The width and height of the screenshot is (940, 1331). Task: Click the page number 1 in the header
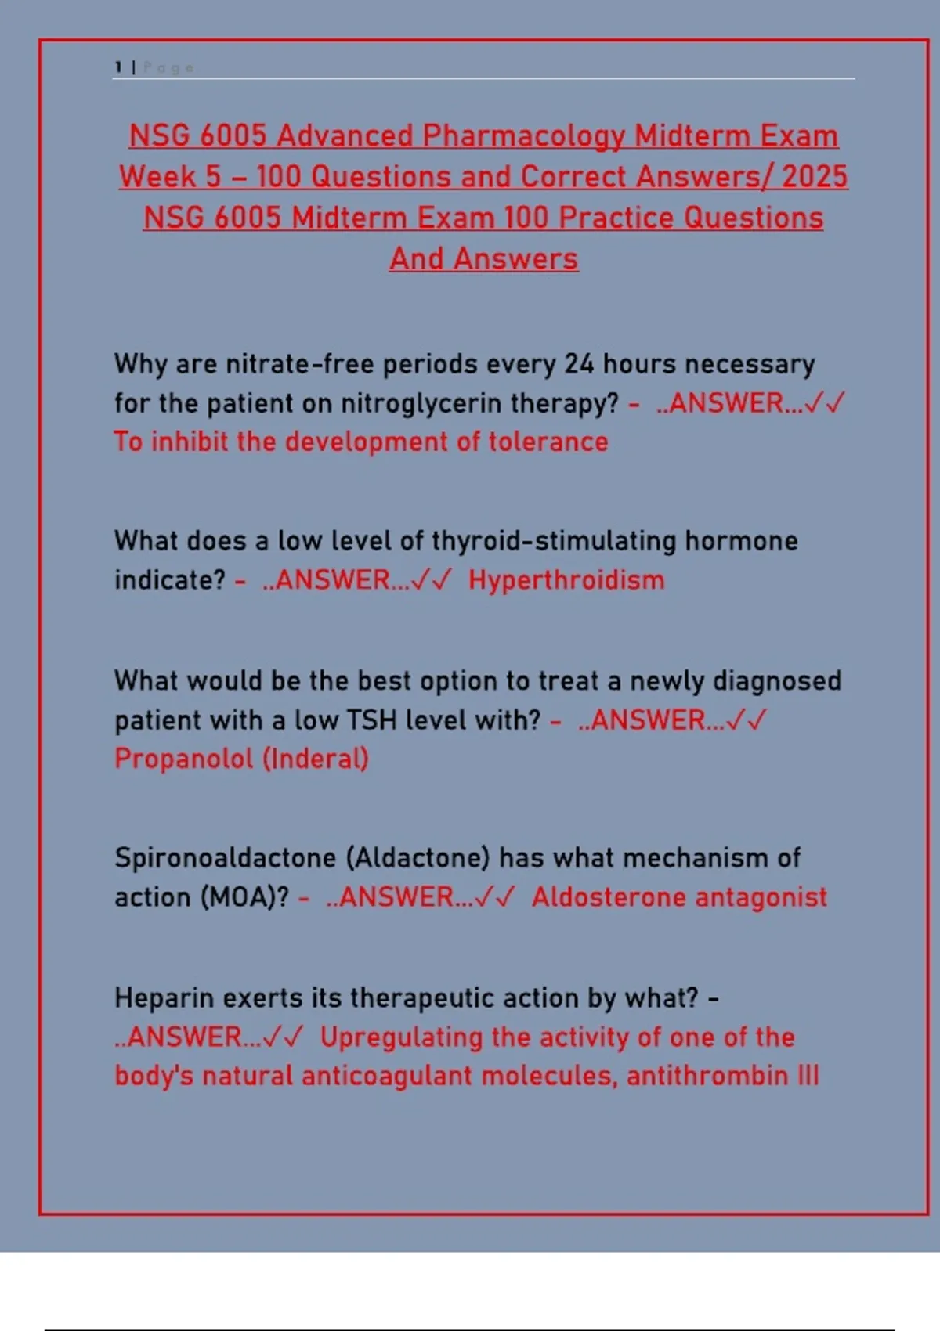[x=118, y=67]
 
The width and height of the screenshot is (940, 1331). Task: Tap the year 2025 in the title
[x=815, y=176]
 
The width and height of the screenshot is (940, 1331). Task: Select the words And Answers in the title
[x=483, y=259]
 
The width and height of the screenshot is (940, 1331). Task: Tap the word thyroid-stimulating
[x=554, y=542]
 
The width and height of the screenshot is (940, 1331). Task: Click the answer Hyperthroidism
[x=566, y=580]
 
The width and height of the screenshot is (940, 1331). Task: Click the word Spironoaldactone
[x=226, y=859]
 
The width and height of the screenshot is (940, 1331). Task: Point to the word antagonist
[x=761, y=898]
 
